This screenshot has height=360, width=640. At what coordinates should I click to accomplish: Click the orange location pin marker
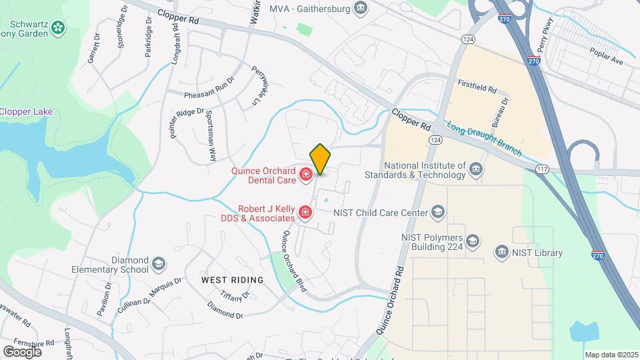(x=320, y=159)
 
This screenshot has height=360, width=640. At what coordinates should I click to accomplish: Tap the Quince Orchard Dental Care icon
(x=306, y=175)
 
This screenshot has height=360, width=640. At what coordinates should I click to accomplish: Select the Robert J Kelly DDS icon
(x=305, y=213)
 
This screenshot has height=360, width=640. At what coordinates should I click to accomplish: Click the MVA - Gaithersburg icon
(x=361, y=8)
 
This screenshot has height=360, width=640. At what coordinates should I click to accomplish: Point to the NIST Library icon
(x=501, y=252)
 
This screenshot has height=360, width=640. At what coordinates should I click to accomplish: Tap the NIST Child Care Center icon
(x=437, y=213)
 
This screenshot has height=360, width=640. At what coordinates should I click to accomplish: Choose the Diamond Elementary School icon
(x=159, y=265)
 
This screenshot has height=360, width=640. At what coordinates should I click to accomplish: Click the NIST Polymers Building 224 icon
(x=472, y=241)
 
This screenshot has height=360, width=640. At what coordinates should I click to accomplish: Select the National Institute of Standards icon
(x=476, y=169)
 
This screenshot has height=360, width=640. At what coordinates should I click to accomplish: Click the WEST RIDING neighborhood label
(x=232, y=280)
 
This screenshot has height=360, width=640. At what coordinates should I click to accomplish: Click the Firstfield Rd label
(x=477, y=88)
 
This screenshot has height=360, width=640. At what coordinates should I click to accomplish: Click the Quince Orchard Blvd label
(x=293, y=261)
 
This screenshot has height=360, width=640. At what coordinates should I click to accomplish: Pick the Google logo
(x=23, y=351)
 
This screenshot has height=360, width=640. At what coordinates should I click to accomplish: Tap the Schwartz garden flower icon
(x=59, y=27)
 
